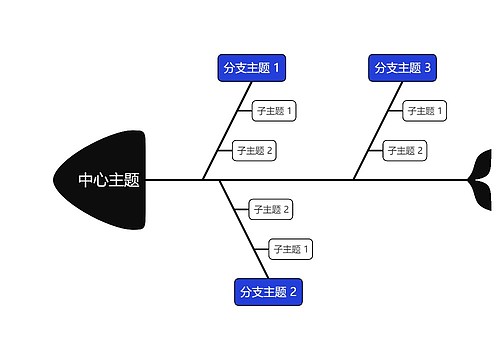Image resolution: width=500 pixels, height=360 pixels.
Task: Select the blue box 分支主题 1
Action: click(x=252, y=67)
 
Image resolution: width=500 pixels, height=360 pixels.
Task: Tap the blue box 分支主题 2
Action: click(x=268, y=292)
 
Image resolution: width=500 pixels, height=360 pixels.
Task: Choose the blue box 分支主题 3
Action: click(x=402, y=67)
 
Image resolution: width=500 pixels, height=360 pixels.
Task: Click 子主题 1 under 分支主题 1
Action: click(x=274, y=110)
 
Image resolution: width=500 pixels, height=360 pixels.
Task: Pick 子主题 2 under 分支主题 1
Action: click(x=254, y=151)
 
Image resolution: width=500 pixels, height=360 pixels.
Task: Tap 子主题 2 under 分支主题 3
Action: click(x=405, y=151)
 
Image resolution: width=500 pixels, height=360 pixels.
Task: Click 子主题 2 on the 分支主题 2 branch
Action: click(x=271, y=209)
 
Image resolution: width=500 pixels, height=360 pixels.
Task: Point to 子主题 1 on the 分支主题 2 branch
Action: click(x=291, y=248)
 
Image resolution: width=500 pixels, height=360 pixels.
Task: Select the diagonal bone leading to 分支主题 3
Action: click(x=378, y=125)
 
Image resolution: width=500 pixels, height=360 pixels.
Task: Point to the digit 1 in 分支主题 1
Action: click(x=277, y=67)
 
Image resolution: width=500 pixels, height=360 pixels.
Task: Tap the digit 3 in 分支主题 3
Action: click(x=427, y=67)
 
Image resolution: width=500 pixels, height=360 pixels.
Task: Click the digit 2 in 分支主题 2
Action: click(x=293, y=292)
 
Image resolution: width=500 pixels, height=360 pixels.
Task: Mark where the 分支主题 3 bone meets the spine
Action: click(x=353, y=180)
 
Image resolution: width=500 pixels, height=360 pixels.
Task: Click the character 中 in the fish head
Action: click(x=88, y=181)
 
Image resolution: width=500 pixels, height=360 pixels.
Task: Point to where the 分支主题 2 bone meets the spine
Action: click(x=219, y=180)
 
